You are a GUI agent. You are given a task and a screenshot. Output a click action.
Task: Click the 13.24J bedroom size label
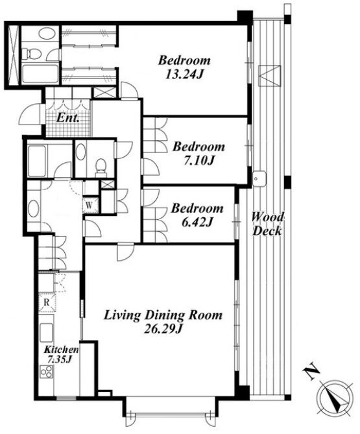pos(184,74)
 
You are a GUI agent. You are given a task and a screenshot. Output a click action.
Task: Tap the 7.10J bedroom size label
pos(198,160)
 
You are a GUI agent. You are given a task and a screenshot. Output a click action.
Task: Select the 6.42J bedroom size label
pos(197,222)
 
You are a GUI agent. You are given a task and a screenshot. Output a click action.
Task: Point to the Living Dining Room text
pos(163,315)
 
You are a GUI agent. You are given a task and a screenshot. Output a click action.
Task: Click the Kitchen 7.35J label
pos(62,354)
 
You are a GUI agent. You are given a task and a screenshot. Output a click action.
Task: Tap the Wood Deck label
pos(268,224)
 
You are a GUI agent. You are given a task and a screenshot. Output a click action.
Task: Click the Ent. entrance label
pos(68,118)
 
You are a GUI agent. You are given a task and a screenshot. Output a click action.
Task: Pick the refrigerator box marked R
pos(47,302)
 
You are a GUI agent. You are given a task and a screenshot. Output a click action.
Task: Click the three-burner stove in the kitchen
pos(46,372)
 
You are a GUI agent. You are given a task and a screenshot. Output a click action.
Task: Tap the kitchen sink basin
pos(46,332)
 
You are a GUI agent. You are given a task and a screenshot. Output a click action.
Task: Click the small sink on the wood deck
pos(259,178)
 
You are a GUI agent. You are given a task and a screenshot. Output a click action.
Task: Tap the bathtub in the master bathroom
pos(40,73)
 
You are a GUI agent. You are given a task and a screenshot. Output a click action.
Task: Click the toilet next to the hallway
pos(101,167)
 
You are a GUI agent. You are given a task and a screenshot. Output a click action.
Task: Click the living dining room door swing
pos(125,252)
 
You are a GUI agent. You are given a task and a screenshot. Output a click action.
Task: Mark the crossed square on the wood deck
pos(269,75)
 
